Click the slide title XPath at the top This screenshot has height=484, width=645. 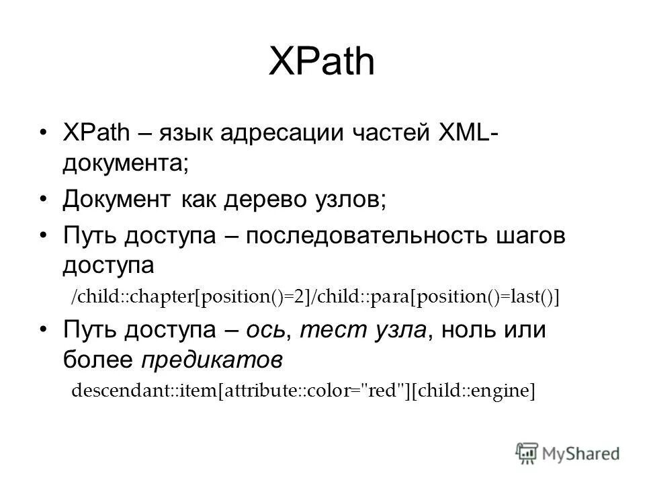pos(321,62)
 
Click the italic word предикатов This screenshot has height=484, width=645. pos(210,360)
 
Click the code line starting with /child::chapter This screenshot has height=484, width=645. pos(315,297)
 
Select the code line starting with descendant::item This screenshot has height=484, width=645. pos(303,391)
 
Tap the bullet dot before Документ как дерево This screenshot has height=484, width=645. pos(44,200)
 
